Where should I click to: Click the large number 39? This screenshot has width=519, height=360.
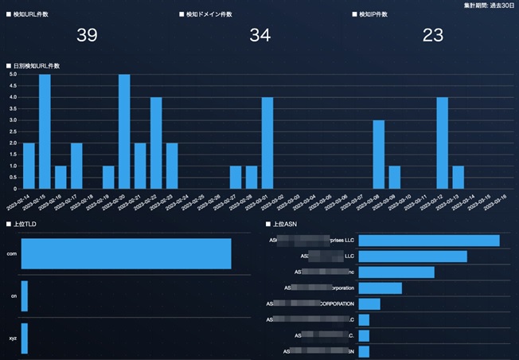pos(88,35)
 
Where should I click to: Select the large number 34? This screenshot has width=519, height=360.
pos(260,35)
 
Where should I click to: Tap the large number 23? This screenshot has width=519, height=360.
pos(433,35)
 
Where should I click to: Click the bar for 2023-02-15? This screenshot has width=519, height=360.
pos(45,131)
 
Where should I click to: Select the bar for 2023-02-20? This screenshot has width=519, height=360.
pos(124,131)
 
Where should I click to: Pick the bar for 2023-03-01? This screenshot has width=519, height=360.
pos(267,143)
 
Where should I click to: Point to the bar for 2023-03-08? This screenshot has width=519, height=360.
pos(379,155)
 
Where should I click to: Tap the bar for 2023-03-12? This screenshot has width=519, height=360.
pos(443,143)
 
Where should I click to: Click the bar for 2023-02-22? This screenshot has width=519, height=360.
pos(156,143)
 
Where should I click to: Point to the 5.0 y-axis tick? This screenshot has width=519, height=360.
pos(13,75)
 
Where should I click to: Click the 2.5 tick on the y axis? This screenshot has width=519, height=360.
pos(13,132)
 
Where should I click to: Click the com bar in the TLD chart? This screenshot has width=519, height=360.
pos(126,253)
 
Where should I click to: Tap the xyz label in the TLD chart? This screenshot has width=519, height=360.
pos(12,338)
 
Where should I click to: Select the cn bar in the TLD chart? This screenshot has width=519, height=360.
pos(25,296)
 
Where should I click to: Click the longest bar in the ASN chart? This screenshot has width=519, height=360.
pos(429,241)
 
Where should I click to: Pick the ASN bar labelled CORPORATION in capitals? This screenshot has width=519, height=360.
pos(369,303)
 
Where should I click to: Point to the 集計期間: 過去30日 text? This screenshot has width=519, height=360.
pos(490,6)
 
